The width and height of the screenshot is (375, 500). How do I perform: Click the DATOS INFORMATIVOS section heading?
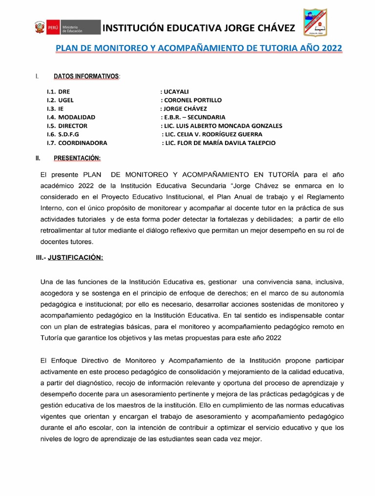point(86,77)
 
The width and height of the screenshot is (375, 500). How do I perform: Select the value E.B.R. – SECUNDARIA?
point(193,117)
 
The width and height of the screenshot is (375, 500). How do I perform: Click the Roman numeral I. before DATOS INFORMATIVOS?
point(37,77)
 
